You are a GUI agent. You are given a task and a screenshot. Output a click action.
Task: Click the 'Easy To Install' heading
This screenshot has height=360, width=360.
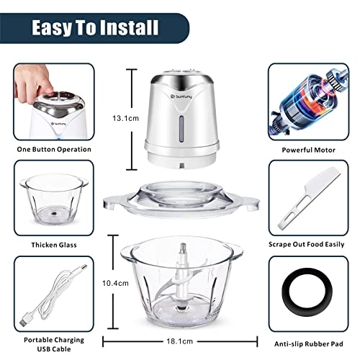click(x=94, y=28)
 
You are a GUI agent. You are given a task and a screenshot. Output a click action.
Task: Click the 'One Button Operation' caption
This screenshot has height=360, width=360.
click(x=54, y=149)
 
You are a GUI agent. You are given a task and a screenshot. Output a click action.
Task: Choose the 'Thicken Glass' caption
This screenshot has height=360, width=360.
click(x=54, y=245)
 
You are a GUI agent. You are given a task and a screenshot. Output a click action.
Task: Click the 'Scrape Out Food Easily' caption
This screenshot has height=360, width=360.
click(x=307, y=245)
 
